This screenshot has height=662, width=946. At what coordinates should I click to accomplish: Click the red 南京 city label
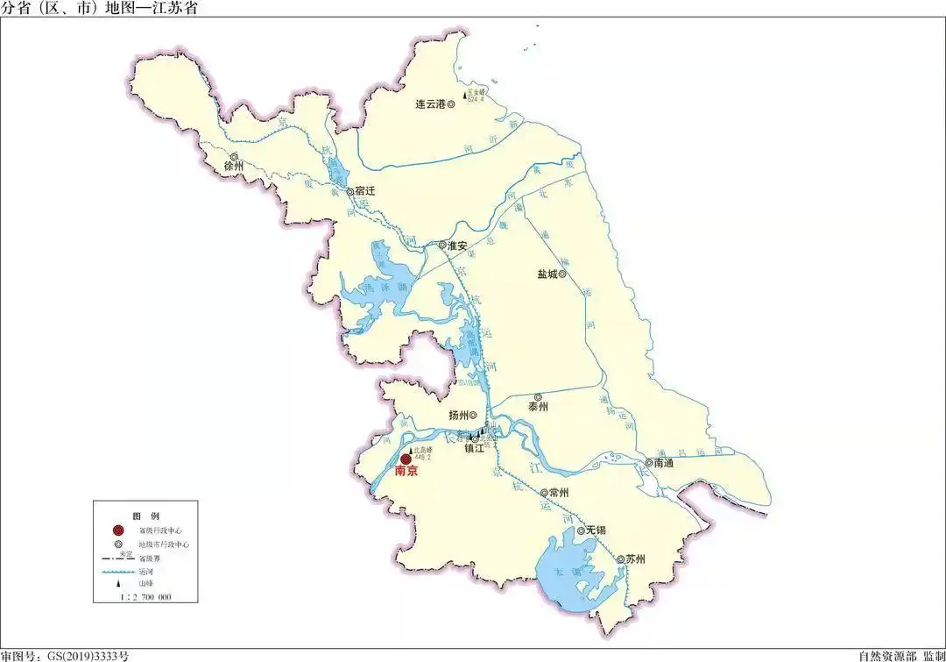tap(406, 472)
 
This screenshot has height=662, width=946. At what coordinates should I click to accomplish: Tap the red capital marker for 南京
tap(406, 459)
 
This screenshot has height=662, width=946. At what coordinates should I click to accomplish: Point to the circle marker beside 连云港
tap(451, 104)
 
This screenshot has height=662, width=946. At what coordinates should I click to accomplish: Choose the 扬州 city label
tap(458, 416)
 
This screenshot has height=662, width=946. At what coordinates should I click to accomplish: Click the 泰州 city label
tap(537, 408)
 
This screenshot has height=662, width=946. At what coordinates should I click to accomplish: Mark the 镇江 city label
tap(474, 449)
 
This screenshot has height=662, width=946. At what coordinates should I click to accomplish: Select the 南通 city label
tap(663, 463)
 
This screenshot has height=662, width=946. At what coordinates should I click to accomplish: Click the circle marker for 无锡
tap(581, 531)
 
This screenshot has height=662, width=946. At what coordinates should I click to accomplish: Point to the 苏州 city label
tap(634, 559)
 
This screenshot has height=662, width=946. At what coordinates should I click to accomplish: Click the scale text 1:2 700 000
tap(145, 596)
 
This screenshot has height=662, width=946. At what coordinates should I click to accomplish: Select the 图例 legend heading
tap(143, 515)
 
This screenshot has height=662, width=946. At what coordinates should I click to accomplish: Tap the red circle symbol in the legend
tap(117, 530)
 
